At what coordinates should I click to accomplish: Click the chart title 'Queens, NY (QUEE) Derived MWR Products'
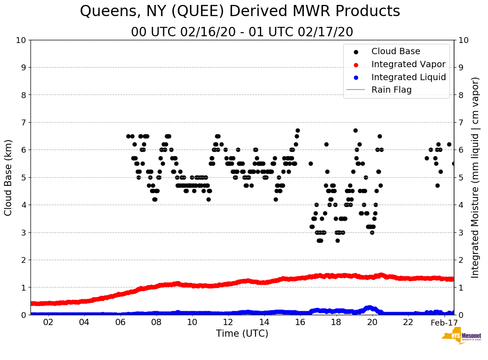click(240, 12)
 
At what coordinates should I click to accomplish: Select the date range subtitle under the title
click(242, 32)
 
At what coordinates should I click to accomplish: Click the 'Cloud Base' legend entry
click(395, 51)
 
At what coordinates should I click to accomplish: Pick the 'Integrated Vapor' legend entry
click(408, 64)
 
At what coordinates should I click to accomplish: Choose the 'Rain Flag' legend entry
click(391, 90)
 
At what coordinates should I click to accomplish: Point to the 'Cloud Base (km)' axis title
click(9, 177)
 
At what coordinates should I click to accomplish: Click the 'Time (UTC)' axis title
click(242, 334)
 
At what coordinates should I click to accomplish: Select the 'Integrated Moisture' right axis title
click(475, 177)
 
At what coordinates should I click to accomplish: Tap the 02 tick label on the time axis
click(48, 323)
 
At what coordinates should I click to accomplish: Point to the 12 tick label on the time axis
click(228, 323)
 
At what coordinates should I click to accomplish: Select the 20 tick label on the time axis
click(372, 323)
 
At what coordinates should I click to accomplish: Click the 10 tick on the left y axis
click(21, 40)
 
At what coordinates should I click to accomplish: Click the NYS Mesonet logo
click(461, 338)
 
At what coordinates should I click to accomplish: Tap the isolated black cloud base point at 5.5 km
click(311, 163)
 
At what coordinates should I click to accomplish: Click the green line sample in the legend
click(356, 90)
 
